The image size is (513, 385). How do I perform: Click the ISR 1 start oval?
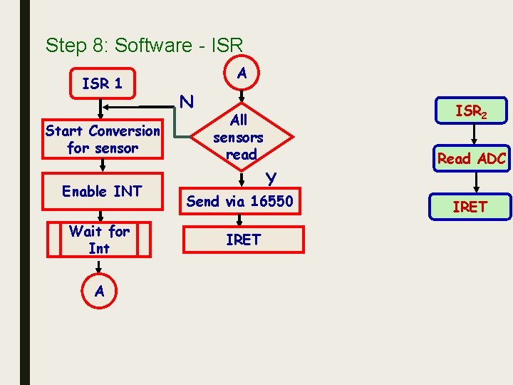click(x=103, y=83)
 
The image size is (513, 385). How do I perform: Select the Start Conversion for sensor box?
click(x=103, y=140)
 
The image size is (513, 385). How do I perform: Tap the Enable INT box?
click(x=103, y=191)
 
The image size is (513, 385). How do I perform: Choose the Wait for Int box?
click(x=99, y=240)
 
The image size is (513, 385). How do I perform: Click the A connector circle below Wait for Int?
click(x=99, y=290)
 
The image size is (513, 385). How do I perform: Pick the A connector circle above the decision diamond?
click(x=242, y=73)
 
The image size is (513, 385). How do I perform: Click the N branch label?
click(x=187, y=103)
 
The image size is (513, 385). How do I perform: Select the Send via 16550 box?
click(x=239, y=202)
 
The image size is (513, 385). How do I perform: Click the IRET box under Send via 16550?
click(x=243, y=240)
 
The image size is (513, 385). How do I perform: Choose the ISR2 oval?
click(x=471, y=111)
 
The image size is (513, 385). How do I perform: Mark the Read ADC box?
click(x=471, y=158)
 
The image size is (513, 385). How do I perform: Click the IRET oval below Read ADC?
click(x=470, y=207)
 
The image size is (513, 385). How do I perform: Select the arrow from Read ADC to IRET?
click(x=471, y=182)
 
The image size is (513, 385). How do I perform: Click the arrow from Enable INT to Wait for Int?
click(x=103, y=215)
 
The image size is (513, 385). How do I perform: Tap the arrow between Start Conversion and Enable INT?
click(x=103, y=165)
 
